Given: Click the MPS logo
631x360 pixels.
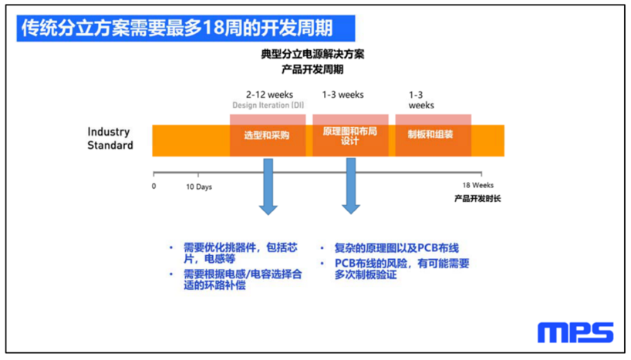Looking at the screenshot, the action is point(575,332).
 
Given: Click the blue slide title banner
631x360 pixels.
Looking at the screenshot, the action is point(185,29).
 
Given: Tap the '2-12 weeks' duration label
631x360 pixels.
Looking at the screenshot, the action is point(269,95).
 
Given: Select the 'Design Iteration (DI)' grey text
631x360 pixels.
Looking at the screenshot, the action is point(268,105).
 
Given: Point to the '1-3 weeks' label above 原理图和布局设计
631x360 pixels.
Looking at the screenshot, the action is point(342,95).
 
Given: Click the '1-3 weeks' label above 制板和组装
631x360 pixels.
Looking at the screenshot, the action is point(421,99).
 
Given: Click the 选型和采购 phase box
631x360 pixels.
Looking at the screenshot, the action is point(268,135).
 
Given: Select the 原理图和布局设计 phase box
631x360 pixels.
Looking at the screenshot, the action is point(350,135).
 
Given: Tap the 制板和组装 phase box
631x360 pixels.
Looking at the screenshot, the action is point(433,135).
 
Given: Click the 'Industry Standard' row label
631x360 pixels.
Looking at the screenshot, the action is point(110,138).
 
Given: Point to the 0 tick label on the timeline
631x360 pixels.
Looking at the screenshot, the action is point(154,186).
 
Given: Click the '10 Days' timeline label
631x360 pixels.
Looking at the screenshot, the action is point(199,187).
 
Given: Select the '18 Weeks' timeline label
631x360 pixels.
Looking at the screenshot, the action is point(477,185).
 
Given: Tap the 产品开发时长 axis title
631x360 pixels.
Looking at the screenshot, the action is point(477,198).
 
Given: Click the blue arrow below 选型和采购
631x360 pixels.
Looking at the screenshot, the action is point(268,187).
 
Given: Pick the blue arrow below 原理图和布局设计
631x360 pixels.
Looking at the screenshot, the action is point(351,186).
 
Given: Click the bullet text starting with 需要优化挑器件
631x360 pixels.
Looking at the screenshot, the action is point(240,253).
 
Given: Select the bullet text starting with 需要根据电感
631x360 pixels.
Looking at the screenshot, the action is point(243,280).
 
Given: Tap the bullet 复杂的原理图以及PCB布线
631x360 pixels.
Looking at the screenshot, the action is point(396,248).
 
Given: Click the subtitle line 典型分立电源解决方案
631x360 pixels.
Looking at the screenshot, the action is point(312,54).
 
